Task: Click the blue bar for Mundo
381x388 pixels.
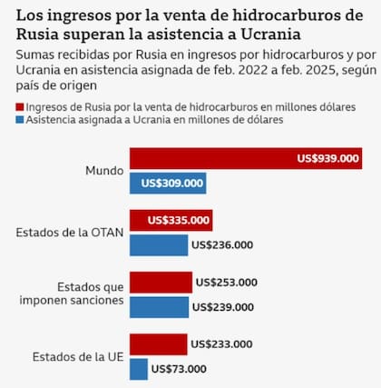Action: click(168, 183)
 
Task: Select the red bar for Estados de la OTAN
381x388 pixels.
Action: click(171, 220)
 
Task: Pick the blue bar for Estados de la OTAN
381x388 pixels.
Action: click(159, 244)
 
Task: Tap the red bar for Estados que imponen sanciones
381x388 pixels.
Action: click(161, 282)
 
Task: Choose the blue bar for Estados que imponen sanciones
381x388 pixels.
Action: click(159, 306)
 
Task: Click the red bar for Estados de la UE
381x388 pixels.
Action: click(158, 343)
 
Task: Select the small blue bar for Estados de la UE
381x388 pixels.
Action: click(138, 368)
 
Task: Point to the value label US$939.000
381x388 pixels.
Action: click(328, 158)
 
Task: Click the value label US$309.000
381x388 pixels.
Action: click(171, 183)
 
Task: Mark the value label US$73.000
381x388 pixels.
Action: click(179, 368)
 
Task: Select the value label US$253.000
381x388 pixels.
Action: click(227, 282)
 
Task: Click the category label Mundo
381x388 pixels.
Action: click(103, 171)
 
